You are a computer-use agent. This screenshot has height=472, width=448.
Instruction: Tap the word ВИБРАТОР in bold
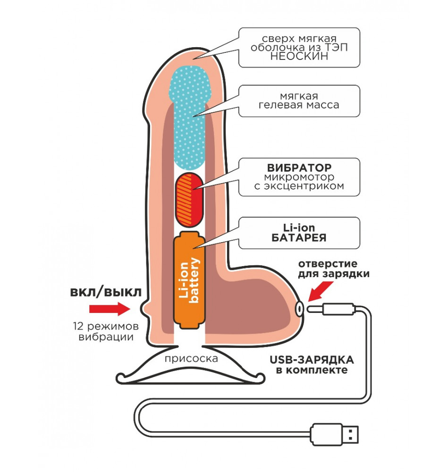tap(299, 168)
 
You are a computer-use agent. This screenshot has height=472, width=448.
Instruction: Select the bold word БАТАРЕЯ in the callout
tap(299, 237)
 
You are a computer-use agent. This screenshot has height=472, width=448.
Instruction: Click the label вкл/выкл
tap(105, 291)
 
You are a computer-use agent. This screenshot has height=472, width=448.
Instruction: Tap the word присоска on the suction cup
tap(192, 359)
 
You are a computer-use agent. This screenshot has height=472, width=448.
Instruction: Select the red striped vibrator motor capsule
tap(189, 199)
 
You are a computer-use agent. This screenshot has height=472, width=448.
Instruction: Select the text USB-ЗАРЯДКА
tap(312, 360)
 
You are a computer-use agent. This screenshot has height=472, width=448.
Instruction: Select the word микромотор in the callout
tap(299, 177)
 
